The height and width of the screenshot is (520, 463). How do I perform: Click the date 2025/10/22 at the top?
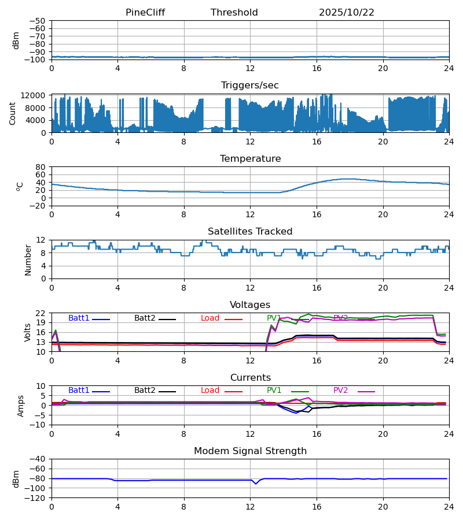(x=347, y=13)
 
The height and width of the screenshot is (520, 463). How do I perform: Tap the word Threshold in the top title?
(x=234, y=13)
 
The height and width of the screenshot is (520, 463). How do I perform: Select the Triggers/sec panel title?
(x=250, y=86)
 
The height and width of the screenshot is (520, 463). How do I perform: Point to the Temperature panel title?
(x=250, y=159)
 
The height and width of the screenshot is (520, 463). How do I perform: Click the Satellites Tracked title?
(x=250, y=232)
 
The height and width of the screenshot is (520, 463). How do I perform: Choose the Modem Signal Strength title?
(x=250, y=451)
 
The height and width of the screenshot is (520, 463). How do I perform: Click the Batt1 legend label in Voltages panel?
(x=79, y=318)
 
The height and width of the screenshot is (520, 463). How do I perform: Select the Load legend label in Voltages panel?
(x=210, y=318)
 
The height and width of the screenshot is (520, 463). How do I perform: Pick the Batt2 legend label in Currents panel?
(x=145, y=391)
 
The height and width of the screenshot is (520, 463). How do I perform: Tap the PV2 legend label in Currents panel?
(x=341, y=391)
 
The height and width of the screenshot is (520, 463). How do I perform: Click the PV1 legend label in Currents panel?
(x=274, y=391)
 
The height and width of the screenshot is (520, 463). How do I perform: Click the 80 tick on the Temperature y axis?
(x=41, y=167)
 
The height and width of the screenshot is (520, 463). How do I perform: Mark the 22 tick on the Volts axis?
(x=41, y=313)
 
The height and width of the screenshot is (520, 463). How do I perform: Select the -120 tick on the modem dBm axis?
(x=37, y=498)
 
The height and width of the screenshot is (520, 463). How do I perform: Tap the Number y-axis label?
(x=28, y=259)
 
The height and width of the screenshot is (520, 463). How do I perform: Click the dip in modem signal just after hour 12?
(x=256, y=484)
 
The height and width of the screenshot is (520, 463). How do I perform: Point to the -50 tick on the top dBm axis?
(x=39, y=21)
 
